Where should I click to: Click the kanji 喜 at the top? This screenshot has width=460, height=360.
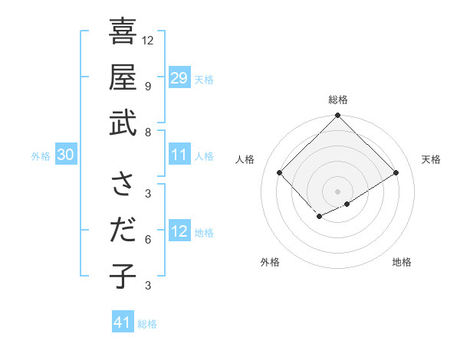tap(123, 34)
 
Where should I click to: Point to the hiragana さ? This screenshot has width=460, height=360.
tap(123, 185)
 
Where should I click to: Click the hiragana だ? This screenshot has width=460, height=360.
tap(123, 231)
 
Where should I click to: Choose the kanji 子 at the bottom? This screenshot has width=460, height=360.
tap(123, 276)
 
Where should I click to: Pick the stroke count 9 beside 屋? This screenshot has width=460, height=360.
tap(148, 86)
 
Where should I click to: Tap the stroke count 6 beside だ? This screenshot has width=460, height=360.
tap(148, 239)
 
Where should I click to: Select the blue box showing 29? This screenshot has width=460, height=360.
tap(179, 78)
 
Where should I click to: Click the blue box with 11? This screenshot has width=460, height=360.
tap(179, 155)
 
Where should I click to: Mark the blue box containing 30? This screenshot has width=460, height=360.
tap(65, 155)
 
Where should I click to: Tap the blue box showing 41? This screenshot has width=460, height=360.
tap(123, 322)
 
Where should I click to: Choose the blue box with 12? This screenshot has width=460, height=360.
tap(179, 231)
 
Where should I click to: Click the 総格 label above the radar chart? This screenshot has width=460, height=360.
tap(337, 100)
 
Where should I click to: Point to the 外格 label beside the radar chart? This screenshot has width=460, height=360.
tap(270, 262)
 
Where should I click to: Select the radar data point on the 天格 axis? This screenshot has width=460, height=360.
tap(396, 172)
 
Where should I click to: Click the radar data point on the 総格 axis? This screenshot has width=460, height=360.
tap(337, 116)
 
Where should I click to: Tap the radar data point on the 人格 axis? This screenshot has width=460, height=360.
tap(280, 172)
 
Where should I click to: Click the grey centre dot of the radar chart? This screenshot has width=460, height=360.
tap(337, 191)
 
